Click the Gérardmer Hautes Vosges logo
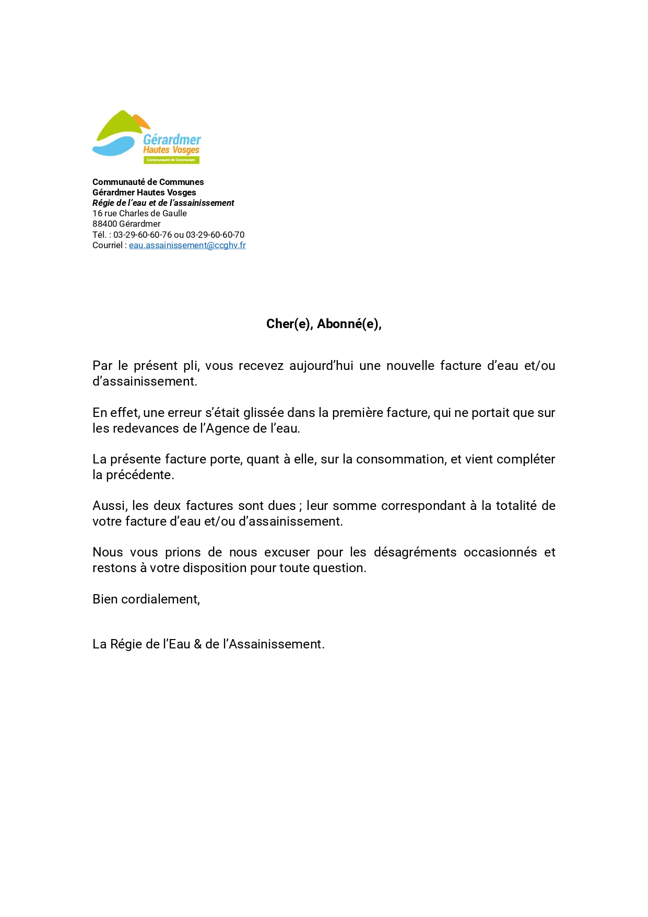147,137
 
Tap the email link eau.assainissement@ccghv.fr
187,245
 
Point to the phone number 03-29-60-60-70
215,235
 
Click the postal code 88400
104,224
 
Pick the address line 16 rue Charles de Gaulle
139,213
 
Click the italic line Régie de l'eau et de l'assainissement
163,203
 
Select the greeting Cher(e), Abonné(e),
324,324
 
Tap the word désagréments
415,552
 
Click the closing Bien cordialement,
146,599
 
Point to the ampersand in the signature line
197,644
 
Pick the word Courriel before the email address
107,245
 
